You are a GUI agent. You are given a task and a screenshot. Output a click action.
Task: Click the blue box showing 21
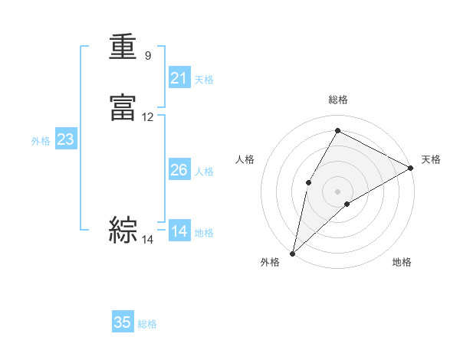pos(179,78)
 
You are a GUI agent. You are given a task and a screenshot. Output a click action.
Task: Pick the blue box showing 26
pos(179,170)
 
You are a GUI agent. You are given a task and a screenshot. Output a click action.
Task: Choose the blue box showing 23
pos(65,139)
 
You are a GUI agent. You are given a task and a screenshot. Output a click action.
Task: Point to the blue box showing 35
pos(123,322)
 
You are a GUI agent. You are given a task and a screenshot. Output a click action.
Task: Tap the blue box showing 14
pos(179,231)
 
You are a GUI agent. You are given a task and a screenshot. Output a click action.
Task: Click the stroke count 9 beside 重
pos(148,56)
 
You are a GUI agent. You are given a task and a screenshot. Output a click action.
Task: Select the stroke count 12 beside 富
pos(148,117)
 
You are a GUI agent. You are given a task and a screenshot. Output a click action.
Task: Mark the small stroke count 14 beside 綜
pos(148,240)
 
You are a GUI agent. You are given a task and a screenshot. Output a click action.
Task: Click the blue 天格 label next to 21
pos(204,80)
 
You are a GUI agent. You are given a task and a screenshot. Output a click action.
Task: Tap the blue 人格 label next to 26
pos(204,172)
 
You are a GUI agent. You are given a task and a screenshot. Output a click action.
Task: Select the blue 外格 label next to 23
pos(41,141)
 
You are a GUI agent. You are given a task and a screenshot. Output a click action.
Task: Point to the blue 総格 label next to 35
pos(147,324)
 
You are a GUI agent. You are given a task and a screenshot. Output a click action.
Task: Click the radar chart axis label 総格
pos(338,100)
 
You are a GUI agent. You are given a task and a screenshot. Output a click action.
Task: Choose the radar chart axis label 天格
pos(431,159)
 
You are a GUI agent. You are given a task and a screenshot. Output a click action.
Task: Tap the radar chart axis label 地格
pos(402,262)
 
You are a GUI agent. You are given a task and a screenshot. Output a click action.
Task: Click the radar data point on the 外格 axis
pos(292,253)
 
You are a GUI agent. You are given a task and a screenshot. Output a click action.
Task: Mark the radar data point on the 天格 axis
pos(411,167)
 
